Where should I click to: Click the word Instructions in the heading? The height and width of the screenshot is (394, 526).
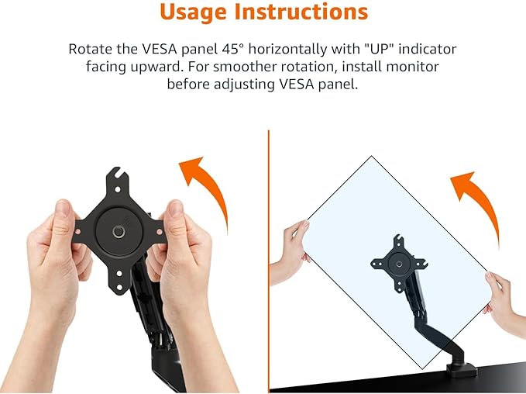308,13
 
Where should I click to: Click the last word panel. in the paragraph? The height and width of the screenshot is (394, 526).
342,84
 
